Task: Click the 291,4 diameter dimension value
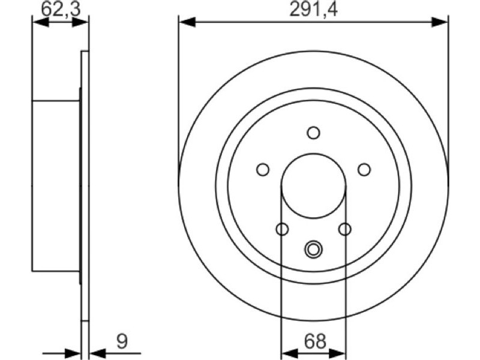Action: pyautogui.click(x=313, y=9)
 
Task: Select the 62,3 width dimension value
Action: pyautogui.click(x=61, y=9)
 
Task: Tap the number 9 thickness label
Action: pyautogui.click(x=122, y=341)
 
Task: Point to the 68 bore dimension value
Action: pyautogui.click(x=315, y=341)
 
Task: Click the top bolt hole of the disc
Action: pyautogui.click(x=313, y=133)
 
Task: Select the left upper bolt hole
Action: pyautogui.click(x=263, y=170)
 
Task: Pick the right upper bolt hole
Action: pyautogui.click(x=364, y=170)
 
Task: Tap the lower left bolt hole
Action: pyautogui.click(x=282, y=229)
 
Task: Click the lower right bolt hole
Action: pyautogui.click(x=344, y=229)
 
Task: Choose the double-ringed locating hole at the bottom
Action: pyautogui.click(x=313, y=249)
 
